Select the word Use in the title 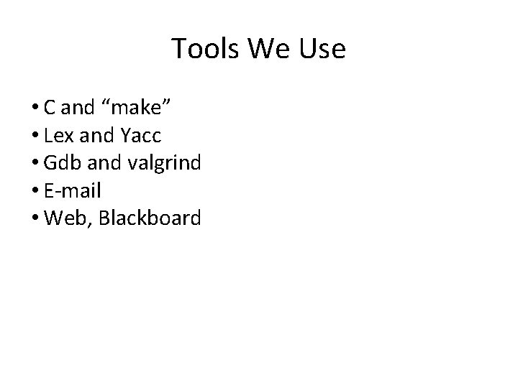[321, 49]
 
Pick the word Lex [58, 136]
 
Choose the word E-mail [72, 190]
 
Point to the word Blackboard [150, 218]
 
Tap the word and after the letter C [78, 108]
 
